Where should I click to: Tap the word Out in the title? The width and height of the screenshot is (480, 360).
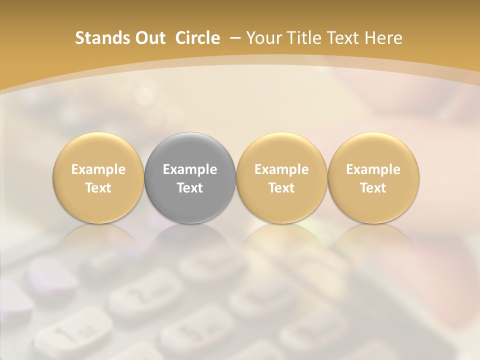tap(148, 38)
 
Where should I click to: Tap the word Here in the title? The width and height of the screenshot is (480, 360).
tap(384, 38)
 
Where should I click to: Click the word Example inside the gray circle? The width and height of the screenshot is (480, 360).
tap(190, 169)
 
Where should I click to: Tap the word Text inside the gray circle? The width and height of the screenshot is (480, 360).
tap(190, 188)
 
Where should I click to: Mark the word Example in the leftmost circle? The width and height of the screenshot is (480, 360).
tap(98, 169)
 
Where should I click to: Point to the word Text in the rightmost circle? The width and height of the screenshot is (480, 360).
tap(373, 188)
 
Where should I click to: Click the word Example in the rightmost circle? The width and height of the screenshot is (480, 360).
tap(373, 169)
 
